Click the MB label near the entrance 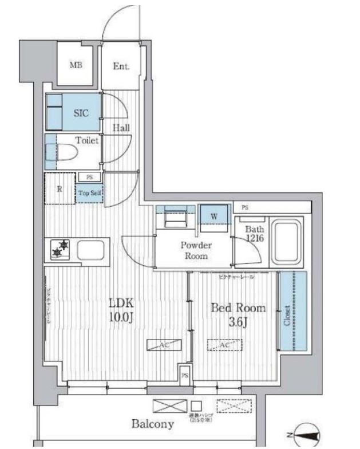pyautogui.click(x=76, y=65)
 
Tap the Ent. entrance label pyautogui.click(x=121, y=66)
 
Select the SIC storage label pyautogui.click(x=80, y=113)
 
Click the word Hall pyautogui.click(x=120, y=127)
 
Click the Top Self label pyautogui.click(x=90, y=193)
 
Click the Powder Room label pyautogui.click(x=196, y=250)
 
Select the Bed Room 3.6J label pyautogui.click(x=239, y=314)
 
